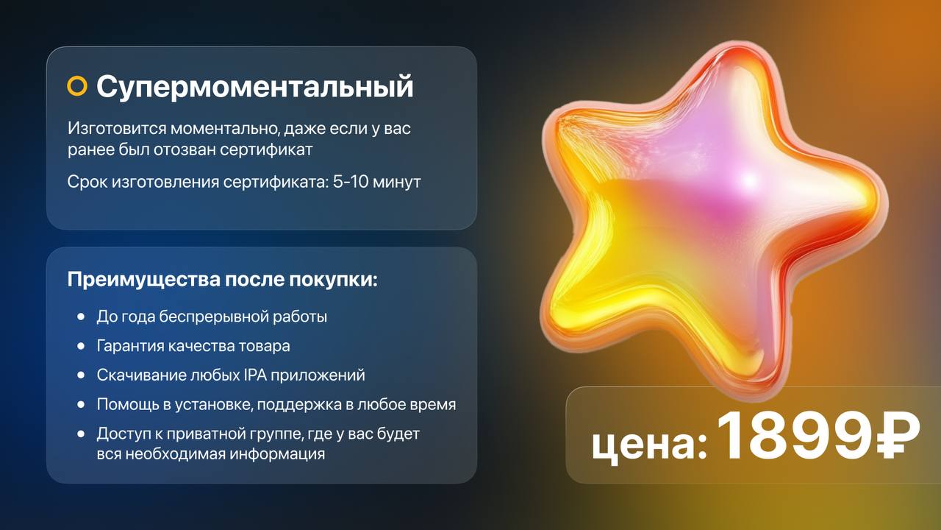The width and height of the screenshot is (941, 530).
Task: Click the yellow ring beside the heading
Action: [77, 86]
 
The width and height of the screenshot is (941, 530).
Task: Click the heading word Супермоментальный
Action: [255, 87]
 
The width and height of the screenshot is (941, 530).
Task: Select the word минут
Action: [397, 182]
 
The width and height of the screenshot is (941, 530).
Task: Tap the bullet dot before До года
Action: [81, 317]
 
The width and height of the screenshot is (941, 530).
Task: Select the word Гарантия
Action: [130, 346]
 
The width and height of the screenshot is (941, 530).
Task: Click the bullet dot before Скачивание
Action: [81, 375]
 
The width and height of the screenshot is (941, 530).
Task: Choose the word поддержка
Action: [299, 405]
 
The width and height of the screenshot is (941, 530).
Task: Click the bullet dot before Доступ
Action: [81, 434]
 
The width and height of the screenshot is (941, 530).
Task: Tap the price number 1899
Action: [795, 436]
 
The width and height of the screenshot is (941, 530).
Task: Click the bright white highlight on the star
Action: [748, 180]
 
